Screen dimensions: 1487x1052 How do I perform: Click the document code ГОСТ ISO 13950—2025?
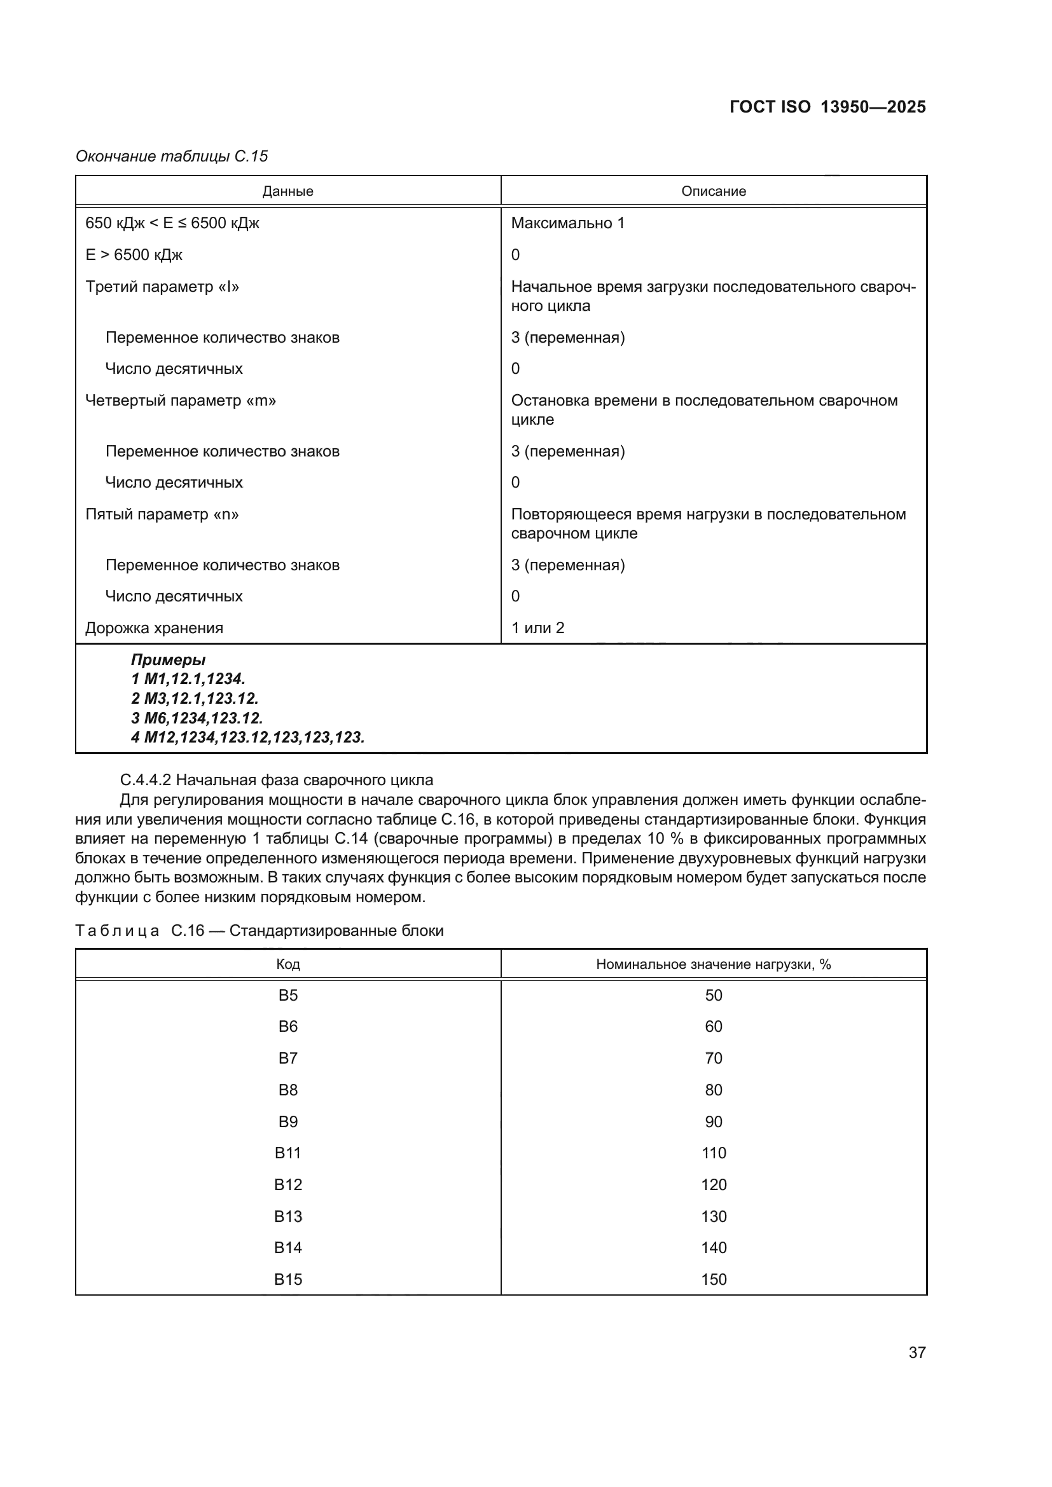click(827, 107)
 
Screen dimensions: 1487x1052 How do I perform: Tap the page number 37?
click(917, 1352)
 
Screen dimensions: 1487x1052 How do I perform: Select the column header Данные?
click(287, 191)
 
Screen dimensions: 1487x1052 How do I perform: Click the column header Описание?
click(713, 191)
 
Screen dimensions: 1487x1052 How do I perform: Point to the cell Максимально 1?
click(567, 223)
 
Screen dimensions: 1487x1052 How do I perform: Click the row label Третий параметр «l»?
click(162, 287)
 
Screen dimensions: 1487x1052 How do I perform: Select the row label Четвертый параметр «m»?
click(181, 401)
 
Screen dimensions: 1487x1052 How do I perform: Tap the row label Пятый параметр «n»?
click(162, 514)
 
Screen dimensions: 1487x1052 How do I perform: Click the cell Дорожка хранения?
click(154, 628)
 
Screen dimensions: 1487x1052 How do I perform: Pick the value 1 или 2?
click(537, 628)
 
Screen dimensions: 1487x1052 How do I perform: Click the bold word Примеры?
click(169, 660)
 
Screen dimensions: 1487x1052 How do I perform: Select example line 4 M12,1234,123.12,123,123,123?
click(247, 737)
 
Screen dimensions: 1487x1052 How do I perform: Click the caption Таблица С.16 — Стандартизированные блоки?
click(259, 931)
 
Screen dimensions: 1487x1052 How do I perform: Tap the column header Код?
click(287, 964)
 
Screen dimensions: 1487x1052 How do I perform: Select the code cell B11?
click(287, 1153)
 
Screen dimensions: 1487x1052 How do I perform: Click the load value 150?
click(713, 1279)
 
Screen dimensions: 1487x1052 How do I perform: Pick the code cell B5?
click(287, 996)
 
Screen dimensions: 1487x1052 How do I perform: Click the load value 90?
click(713, 1121)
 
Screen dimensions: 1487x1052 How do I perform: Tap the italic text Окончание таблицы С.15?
click(172, 156)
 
